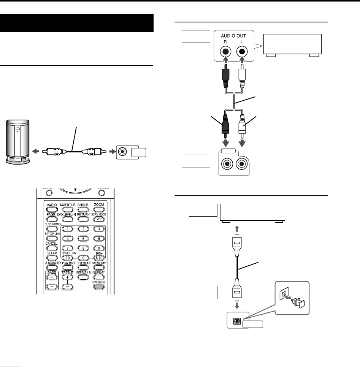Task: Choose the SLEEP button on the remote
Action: pos(52,258)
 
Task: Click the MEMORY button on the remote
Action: pos(99,268)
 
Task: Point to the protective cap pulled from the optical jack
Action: pos(297,302)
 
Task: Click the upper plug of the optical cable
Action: pos(236,244)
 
